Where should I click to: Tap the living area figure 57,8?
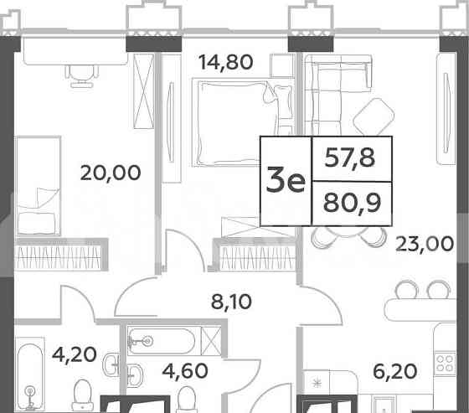(352, 157)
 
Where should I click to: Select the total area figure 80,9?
(352, 204)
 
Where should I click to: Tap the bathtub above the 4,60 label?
(162, 341)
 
